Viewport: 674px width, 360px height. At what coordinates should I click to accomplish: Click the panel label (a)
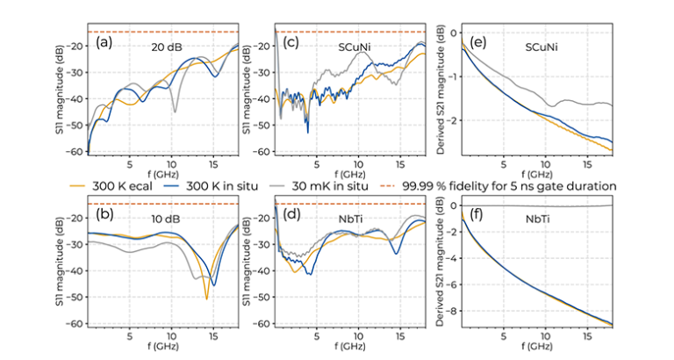coord(103,42)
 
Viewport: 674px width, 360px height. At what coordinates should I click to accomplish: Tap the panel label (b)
coord(103,216)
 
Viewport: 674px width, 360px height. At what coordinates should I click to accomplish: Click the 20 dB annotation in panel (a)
coord(166,46)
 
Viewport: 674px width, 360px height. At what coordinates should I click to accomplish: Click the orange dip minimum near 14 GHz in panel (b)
coord(207,299)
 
